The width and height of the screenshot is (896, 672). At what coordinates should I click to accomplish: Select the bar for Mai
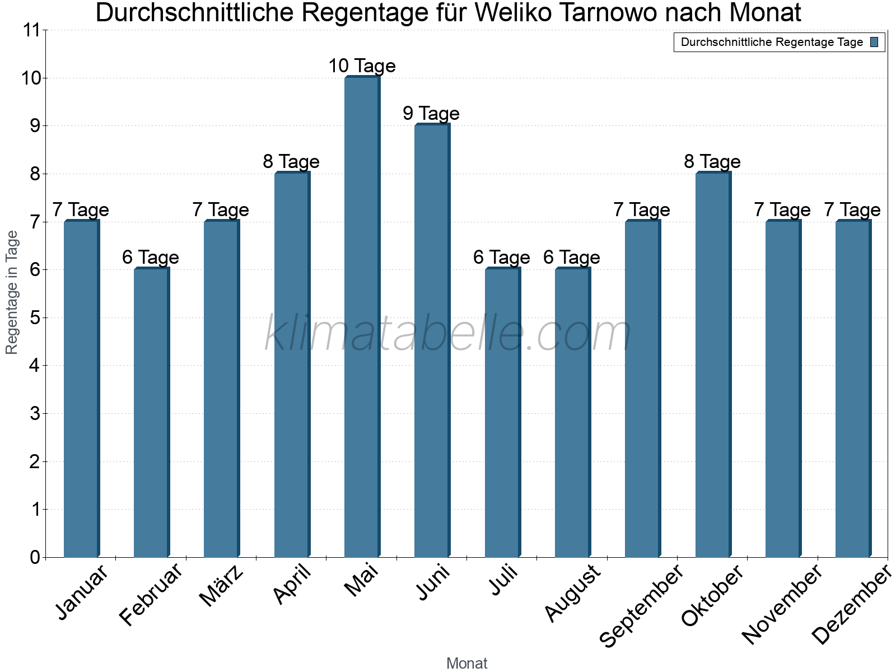(362, 317)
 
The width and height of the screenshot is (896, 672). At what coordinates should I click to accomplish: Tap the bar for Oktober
(713, 365)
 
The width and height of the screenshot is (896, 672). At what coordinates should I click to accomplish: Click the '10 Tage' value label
(362, 66)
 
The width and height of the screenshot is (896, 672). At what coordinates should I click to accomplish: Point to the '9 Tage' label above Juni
(431, 114)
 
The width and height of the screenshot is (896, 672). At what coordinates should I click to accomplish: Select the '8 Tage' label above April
(291, 162)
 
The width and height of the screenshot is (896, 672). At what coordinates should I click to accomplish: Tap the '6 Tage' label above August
(572, 258)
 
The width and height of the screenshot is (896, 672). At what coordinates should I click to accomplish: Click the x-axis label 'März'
(222, 587)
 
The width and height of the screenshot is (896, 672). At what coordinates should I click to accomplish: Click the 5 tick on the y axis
(35, 318)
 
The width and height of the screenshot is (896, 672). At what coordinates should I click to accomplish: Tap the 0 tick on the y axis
(35, 558)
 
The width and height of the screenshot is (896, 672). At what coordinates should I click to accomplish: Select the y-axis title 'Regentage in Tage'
(12, 293)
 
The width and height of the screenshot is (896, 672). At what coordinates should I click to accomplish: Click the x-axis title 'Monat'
(466, 664)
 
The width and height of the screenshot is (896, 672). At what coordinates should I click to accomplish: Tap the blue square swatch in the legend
(875, 42)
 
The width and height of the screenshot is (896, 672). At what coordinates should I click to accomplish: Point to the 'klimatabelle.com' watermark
(448, 334)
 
